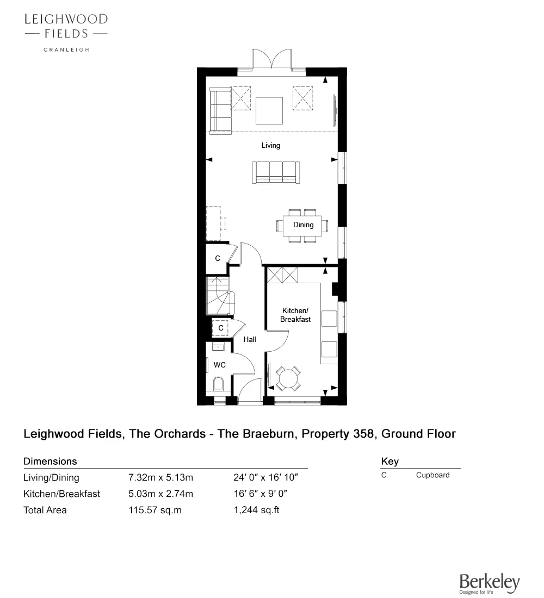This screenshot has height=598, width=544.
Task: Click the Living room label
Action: tap(270, 145)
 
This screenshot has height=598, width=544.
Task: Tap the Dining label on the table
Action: tap(303, 225)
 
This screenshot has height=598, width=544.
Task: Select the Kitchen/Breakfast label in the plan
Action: tap(295, 315)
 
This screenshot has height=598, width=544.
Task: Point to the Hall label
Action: tap(250, 339)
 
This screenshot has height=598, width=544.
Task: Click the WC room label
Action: tap(219, 365)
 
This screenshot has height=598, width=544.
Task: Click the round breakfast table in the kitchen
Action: tap(288, 378)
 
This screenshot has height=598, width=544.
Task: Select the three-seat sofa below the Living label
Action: tap(275, 172)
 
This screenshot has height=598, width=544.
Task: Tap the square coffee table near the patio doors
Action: tap(270, 111)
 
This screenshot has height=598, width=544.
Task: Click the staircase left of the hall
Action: tap(219, 296)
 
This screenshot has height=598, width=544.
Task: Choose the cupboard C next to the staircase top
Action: tap(217, 259)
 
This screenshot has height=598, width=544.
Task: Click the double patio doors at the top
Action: tap(271, 61)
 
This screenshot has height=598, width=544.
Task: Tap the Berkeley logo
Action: tap(489, 583)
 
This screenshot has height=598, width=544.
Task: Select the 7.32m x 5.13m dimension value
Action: tap(160, 478)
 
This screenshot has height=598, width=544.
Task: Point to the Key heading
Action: tap(390, 462)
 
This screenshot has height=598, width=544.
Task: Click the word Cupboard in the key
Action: tap(432, 475)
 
